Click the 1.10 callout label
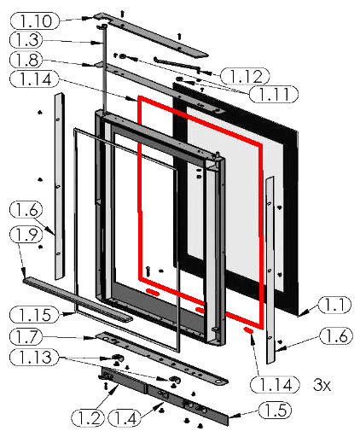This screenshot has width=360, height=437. pyautogui.click(x=35, y=20)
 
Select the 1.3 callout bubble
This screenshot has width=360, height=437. pyautogui.click(x=26, y=39)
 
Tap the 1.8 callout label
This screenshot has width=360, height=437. pyautogui.click(x=26, y=60)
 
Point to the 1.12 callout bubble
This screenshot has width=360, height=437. pyautogui.click(x=245, y=76)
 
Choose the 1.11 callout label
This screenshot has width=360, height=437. pyautogui.click(x=274, y=94)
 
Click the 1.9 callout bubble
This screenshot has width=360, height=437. pyautogui.click(x=26, y=235)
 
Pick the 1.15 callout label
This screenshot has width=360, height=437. pyautogui.click(x=35, y=315)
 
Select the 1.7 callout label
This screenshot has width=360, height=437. pyautogui.click(x=26, y=336)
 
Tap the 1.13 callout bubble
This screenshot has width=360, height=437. pyautogui.click(x=35, y=358)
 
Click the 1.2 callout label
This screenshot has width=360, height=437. pyautogui.click(x=88, y=418)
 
